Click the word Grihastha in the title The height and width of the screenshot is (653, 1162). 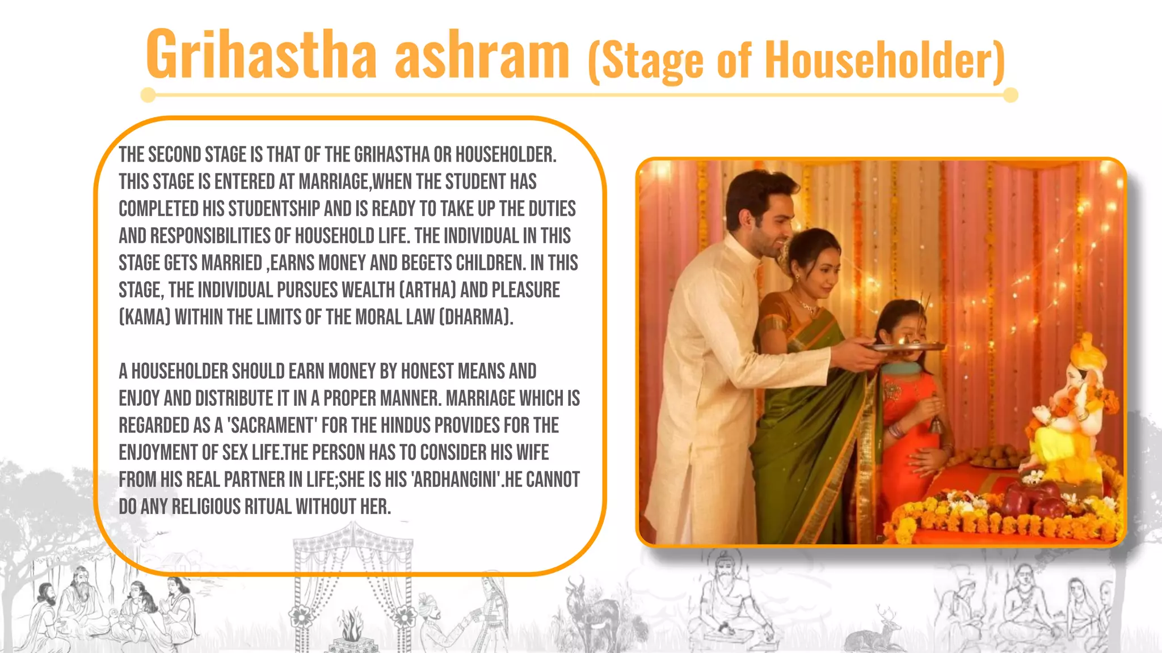point(262,56)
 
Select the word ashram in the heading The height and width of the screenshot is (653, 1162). point(482,56)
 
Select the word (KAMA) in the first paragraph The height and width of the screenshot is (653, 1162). point(145,317)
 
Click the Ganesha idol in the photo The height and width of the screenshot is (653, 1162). point(1072,408)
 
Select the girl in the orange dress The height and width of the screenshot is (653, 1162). point(908,408)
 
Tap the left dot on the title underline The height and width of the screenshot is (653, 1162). point(148,95)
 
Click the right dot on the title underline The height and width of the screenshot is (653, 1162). point(1011,95)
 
